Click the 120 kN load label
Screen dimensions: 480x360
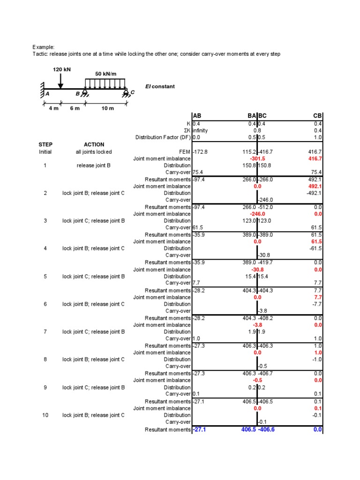coord(61,69)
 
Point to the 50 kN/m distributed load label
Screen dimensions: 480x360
coord(106,74)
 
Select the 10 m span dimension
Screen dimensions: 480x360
coord(108,108)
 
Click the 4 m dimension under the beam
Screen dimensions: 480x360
coord(53,108)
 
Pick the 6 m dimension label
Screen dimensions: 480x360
coord(75,108)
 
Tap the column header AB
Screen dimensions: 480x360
coord(197,117)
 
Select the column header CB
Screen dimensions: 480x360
coord(317,117)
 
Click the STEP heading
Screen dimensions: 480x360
coord(45,145)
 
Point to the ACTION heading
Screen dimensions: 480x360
coord(94,145)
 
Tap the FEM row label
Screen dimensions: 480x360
coord(185,152)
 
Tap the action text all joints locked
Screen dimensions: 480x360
coord(94,152)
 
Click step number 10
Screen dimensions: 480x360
coord(45,415)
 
